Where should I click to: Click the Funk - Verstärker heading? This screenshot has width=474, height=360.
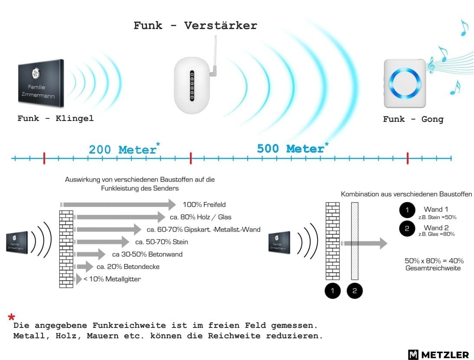click(x=195, y=26)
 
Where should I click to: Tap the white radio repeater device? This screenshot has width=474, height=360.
click(x=192, y=85)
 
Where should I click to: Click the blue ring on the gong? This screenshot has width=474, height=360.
click(x=405, y=82)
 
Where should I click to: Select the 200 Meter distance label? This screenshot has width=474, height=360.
click(x=124, y=149)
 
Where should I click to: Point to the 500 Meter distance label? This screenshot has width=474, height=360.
click(x=292, y=148)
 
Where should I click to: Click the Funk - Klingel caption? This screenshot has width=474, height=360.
click(x=56, y=118)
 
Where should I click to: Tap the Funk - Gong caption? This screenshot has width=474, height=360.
click(x=413, y=119)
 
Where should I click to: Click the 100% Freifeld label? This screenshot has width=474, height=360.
click(x=204, y=205)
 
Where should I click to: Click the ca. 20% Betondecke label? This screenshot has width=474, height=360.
click(x=128, y=267)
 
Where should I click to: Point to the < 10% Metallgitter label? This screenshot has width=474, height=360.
click(x=112, y=279)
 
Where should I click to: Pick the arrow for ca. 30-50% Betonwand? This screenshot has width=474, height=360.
click(x=90, y=254)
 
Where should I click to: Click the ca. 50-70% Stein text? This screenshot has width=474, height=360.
click(x=162, y=242)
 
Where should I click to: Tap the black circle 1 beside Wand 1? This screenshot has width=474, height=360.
click(x=407, y=210)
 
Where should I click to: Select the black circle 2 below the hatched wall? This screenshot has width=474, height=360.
click(x=355, y=291)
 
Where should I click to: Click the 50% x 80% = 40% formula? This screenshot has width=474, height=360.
click(x=434, y=261)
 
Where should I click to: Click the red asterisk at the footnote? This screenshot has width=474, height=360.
click(x=11, y=317)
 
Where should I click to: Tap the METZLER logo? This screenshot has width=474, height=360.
click(x=438, y=354)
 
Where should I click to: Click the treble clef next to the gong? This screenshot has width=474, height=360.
click(x=431, y=65)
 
